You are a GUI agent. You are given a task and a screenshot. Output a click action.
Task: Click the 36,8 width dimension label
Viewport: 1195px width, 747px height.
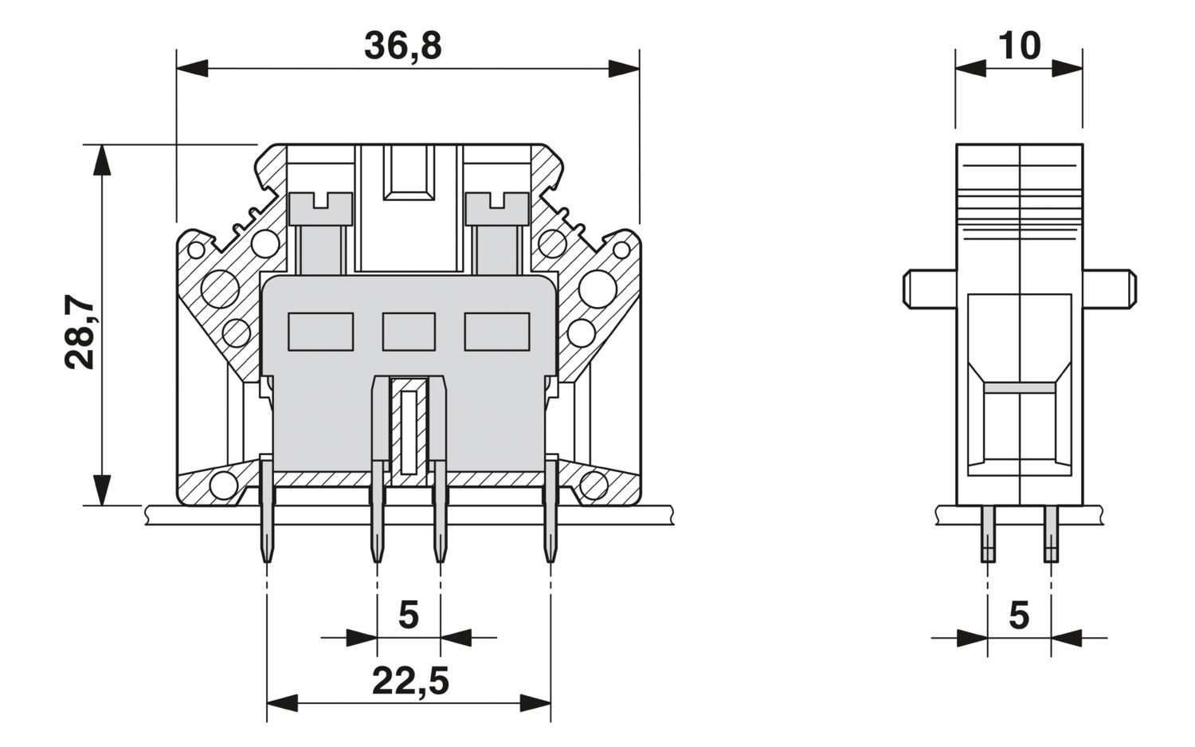[402, 46]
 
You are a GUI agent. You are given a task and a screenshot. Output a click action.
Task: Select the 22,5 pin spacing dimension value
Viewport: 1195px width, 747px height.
[409, 682]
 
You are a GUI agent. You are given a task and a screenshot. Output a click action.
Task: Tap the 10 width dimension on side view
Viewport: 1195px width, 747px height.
[1019, 46]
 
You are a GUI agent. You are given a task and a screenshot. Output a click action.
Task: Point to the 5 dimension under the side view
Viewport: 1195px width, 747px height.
[1019, 615]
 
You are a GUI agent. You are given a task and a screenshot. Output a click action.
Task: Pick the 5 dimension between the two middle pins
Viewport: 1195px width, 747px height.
[408, 615]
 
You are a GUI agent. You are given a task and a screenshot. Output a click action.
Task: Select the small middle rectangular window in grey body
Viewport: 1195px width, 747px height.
[409, 332]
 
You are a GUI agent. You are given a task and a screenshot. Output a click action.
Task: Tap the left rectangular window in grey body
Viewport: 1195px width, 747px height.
[320, 332]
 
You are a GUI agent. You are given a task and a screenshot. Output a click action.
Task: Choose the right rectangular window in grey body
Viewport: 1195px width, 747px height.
[497, 332]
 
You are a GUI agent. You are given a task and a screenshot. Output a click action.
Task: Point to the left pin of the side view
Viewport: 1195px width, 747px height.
[988, 534]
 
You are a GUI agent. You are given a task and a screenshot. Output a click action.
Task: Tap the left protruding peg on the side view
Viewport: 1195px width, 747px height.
[929, 289]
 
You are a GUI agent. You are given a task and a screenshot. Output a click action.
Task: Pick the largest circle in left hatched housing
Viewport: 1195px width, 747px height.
[221, 289]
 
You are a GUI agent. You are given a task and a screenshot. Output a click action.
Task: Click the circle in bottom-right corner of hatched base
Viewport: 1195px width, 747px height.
[594, 484]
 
